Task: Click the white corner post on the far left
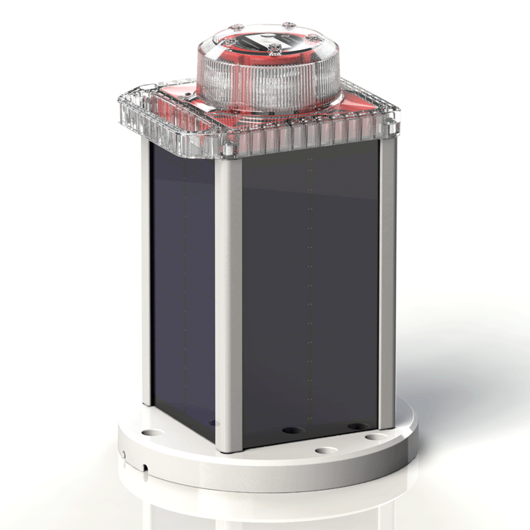point(146,273)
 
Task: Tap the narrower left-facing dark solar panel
point(182,288)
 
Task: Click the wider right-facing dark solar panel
point(310,295)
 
